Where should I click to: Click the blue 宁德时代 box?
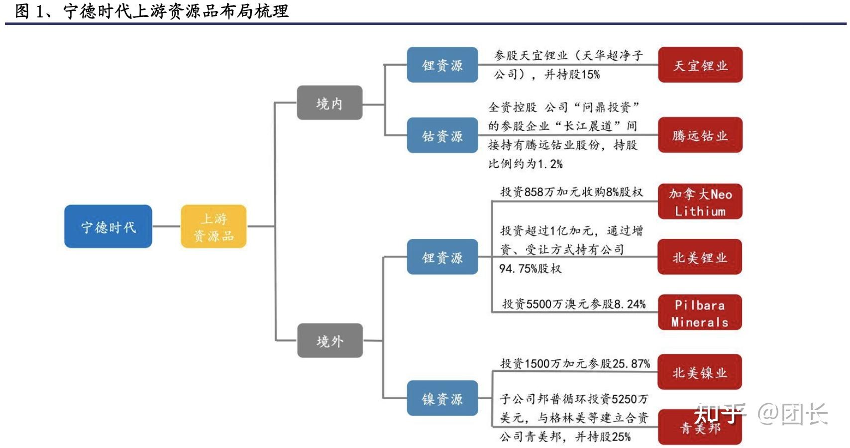[108, 226]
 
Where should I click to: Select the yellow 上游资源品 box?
[213, 226]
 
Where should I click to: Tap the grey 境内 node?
[329, 103]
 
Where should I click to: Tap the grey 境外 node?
[329, 340]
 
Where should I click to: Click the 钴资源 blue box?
[442, 135]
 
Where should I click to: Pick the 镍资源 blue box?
[442, 398]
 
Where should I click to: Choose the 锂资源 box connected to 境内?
[442, 65]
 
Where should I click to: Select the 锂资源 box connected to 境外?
[442, 257]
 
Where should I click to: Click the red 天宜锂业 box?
[700, 65]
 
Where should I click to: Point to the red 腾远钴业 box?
[700, 135]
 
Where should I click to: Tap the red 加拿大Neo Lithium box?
[700, 202]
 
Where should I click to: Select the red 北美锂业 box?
[700, 257]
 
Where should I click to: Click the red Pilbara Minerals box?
[700, 313]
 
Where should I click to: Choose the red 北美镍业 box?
[700, 372]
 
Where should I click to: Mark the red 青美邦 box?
[700, 428]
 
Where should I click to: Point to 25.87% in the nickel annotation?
[631, 364]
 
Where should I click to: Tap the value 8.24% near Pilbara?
[630, 304]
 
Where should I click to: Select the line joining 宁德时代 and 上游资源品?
[166, 226]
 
